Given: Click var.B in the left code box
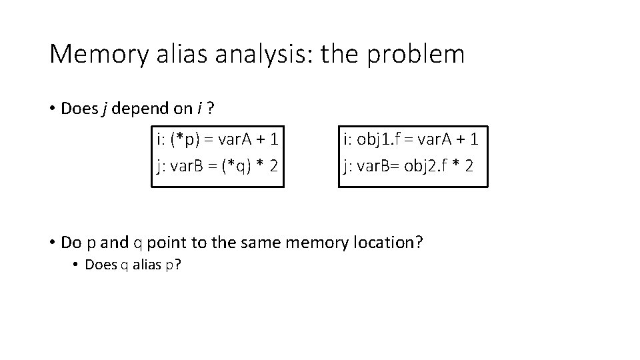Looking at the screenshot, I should pos(188,165).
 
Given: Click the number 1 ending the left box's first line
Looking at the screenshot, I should pos(273,140).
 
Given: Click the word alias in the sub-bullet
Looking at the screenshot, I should pos(141,265).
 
